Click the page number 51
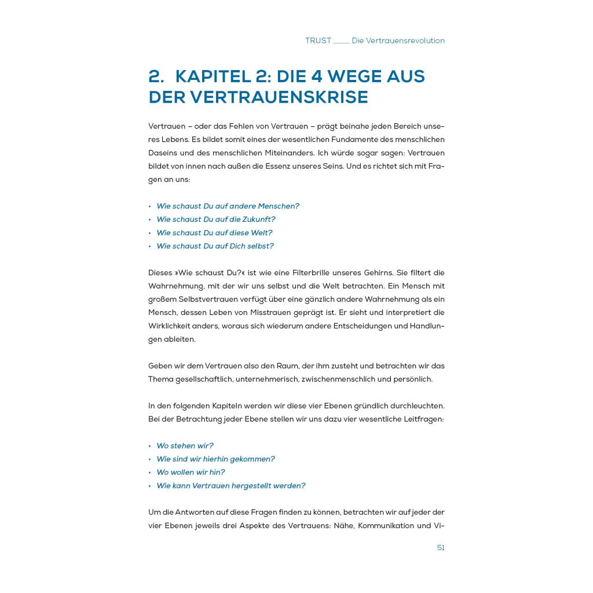441,548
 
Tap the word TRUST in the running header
318,41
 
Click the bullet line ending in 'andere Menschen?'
228,206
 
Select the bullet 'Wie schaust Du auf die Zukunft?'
215,219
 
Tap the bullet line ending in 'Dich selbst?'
215,246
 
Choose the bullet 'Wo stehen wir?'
185,446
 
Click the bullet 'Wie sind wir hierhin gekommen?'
215,459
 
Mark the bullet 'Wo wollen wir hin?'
191,473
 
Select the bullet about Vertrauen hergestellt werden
230,486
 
